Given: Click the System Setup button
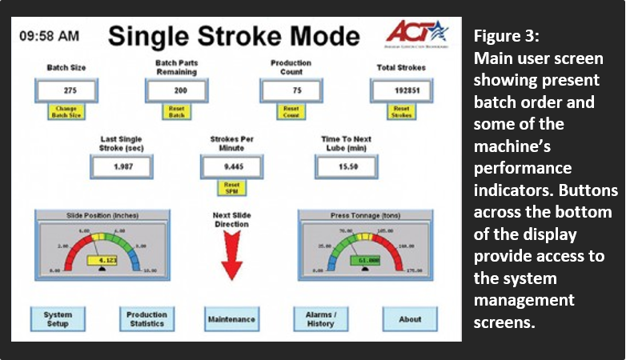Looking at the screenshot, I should [58, 319].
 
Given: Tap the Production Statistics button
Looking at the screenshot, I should [146, 319].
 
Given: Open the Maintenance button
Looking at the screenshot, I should [231, 319].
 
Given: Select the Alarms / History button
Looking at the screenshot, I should [320, 319].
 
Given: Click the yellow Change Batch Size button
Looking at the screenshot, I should [70, 111].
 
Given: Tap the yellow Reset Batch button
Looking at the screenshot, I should [176, 111].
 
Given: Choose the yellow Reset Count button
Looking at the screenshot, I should [291, 111].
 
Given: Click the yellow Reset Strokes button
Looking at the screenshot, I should [402, 111].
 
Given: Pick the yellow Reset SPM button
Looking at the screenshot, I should [232, 188].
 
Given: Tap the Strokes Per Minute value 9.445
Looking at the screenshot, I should [232, 167].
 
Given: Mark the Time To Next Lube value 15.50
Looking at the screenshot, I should [347, 167].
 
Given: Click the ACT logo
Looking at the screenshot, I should [416, 34].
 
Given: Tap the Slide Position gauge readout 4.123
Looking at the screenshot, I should [106, 261].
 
